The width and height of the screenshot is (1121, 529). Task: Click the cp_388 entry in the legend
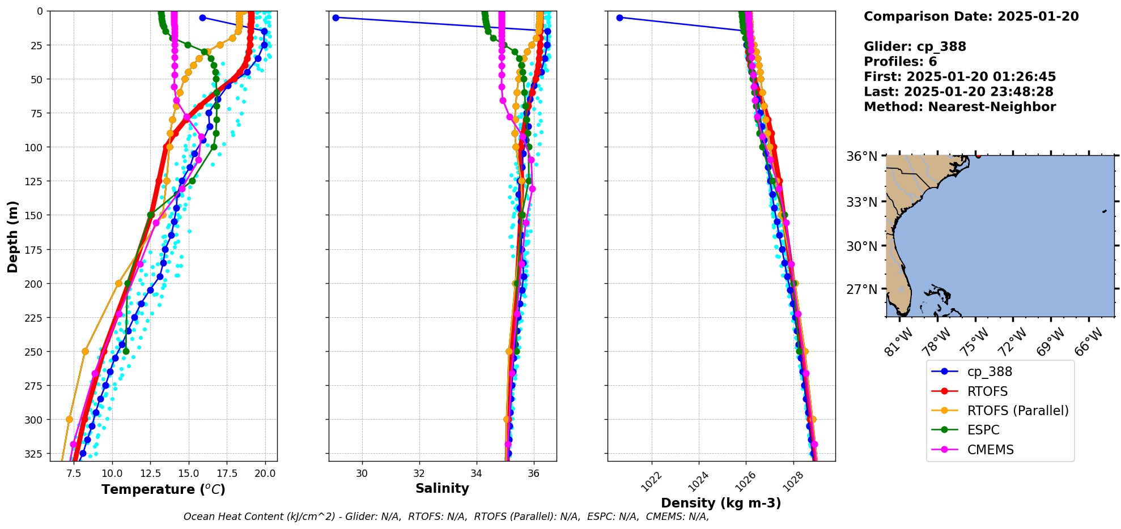(x=989, y=372)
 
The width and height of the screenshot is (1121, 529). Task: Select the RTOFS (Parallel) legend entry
(x=1017, y=411)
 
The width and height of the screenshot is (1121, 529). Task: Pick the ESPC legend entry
(x=983, y=430)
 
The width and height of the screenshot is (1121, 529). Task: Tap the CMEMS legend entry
(x=990, y=450)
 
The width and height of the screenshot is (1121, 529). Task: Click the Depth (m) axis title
(x=12, y=236)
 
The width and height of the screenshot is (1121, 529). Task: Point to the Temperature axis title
(x=163, y=489)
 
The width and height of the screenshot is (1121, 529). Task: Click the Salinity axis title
(x=442, y=488)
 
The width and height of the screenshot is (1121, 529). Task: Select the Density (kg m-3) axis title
(x=721, y=503)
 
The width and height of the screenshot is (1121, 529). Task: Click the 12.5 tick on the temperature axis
(x=150, y=472)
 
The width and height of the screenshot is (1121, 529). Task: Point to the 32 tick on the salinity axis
(x=419, y=472)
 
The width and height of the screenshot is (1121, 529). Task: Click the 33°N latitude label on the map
(x=862, y=202)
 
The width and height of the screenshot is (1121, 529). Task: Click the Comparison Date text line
(x=971, y=16)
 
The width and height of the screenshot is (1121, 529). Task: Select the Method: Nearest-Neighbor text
(x=959, y=107)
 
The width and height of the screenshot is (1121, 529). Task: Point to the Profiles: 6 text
(x=900, y=62)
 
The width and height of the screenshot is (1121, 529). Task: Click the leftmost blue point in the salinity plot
(x=336, y=18)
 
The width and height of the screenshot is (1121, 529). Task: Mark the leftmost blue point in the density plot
(x=619, y=18)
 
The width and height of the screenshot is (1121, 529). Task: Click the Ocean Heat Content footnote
(x=446, y=517)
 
